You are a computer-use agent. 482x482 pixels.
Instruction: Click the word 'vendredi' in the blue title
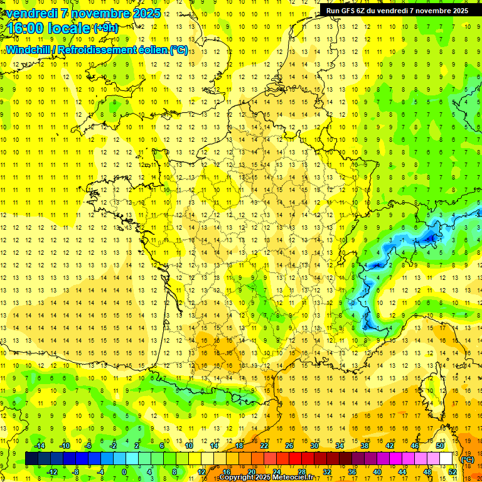(x=31, y=13)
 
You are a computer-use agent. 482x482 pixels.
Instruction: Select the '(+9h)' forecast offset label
(x=105, y=28)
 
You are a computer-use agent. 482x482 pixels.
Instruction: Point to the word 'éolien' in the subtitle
(x=149, y=50)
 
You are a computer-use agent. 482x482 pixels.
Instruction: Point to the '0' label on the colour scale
(x=124, y=472)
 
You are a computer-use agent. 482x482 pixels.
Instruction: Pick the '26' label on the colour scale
(x=289, y=446)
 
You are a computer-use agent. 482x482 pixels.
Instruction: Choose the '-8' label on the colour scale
(x=76, y=472)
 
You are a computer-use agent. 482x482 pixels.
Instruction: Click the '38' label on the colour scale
(x=364, y=446)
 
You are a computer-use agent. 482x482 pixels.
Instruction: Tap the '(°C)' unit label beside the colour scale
(x=468, y=459)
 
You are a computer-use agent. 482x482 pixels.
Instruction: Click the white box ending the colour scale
(x=446, y=459)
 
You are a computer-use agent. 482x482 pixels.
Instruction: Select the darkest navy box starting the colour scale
(x=31, y=459)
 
